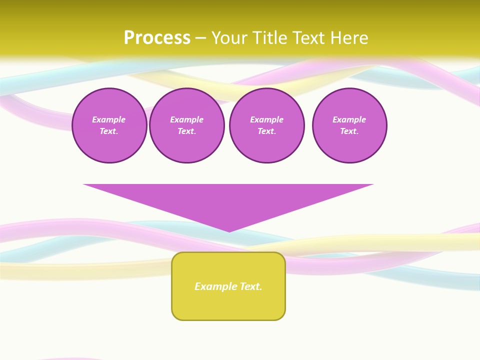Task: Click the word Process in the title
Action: click(157, 37)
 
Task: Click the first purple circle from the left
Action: click(109, 125)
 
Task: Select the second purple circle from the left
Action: click(187, 125)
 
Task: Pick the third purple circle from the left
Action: click(267, 125)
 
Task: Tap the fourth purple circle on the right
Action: click(349, 125)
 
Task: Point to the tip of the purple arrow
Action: click(229, 230)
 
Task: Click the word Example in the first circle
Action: click(109, 119)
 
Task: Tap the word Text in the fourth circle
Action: click(349, 131)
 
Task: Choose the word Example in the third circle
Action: click(267, 119)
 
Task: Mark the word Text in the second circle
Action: click(186, 131)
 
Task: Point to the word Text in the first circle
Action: click(109, 131)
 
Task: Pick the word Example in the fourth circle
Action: click(349, 119)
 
